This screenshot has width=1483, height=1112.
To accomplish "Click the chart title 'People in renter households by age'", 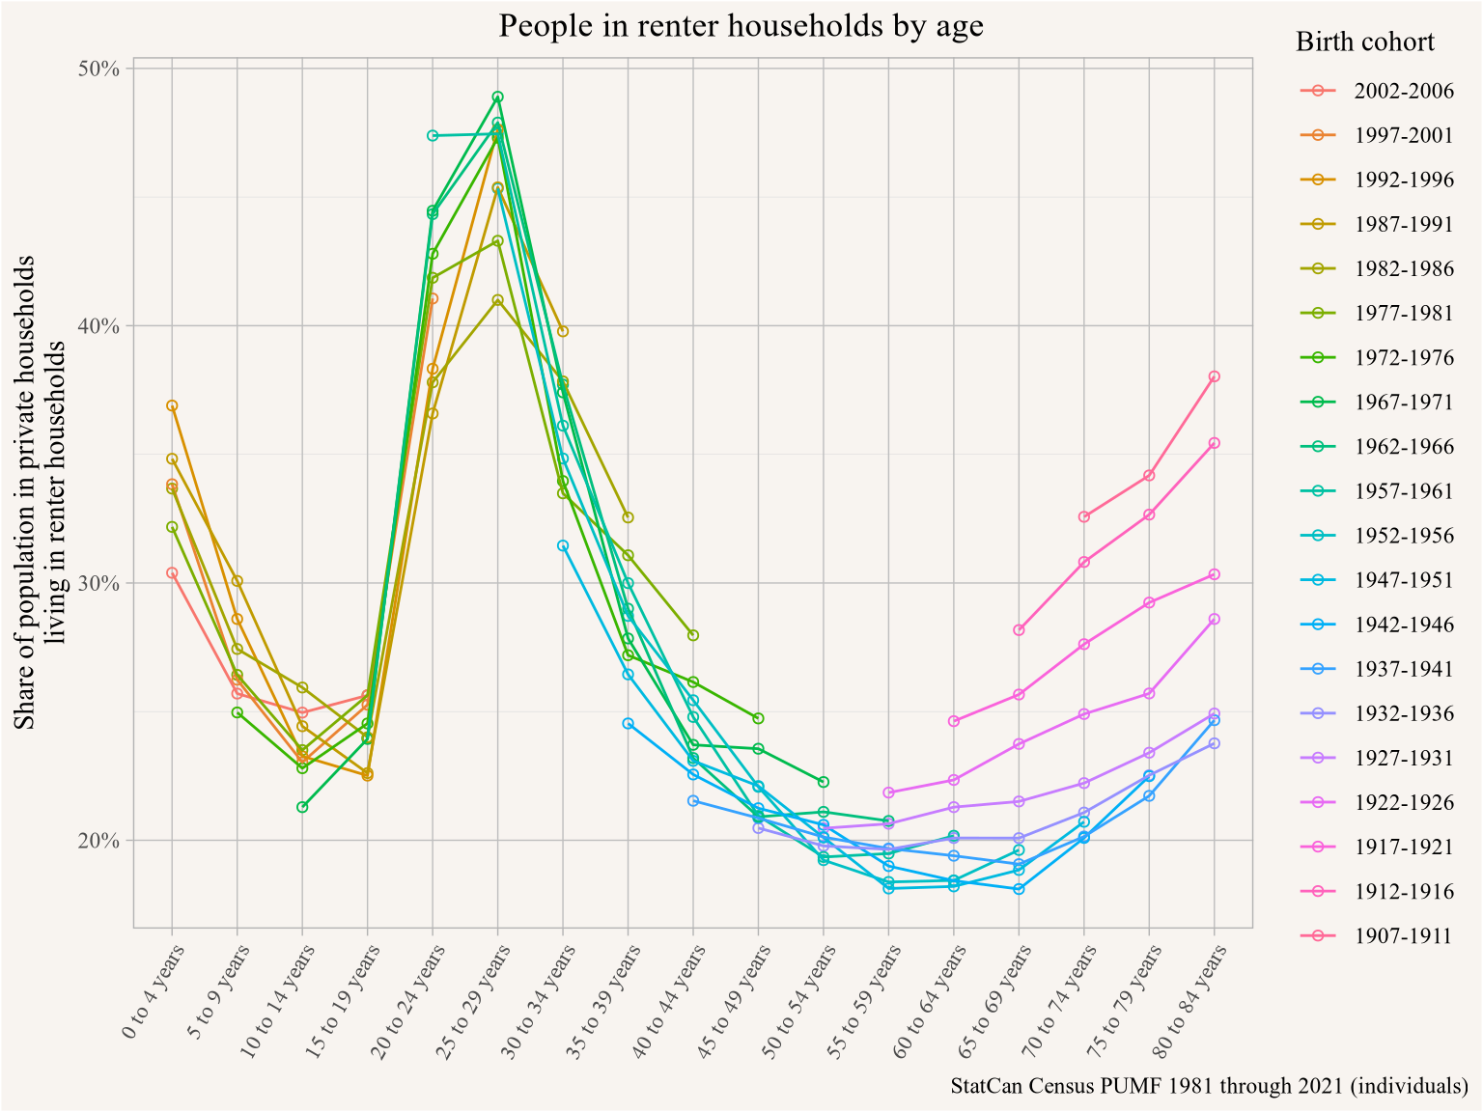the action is [x=741, y=26].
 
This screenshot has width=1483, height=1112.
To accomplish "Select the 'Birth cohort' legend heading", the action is [x=1365, y=42].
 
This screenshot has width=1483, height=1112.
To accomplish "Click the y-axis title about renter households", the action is [x=40, y=493].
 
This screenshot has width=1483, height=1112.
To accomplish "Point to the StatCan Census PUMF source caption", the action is [x=1210, y=1086].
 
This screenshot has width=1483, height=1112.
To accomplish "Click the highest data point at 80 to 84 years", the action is [x=1214, y=376].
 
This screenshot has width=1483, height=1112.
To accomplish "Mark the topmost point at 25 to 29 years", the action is [x=497, y=97].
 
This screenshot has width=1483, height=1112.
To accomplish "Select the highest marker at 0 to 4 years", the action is [x=172, y=405].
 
